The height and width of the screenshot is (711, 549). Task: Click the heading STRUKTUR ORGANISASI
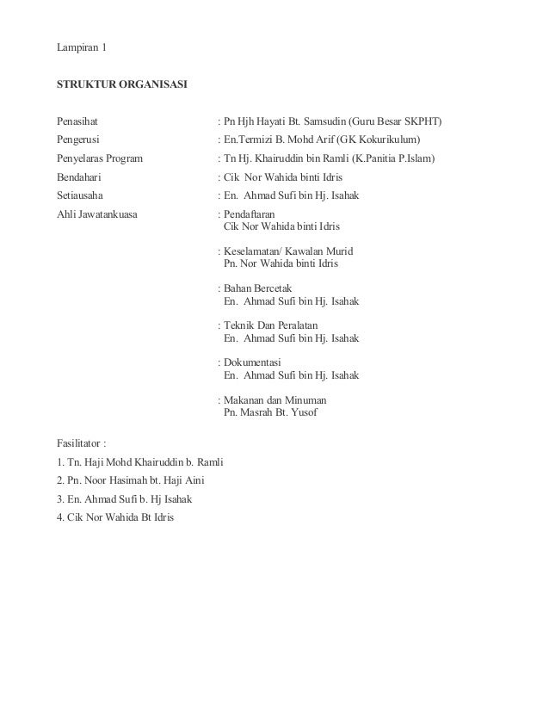[119, 84]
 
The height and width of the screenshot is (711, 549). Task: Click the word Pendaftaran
[250, 214]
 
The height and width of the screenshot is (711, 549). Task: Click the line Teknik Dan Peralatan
[271, 326]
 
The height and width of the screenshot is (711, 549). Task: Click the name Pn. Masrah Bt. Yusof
[270, 413]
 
